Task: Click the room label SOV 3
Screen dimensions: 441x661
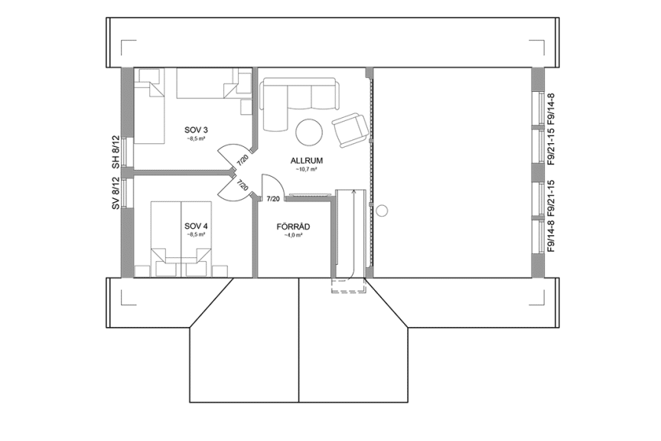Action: [x=195, y=130]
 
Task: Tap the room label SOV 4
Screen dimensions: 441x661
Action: [x=195, y=226]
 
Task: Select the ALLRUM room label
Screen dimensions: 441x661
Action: [x=309, y=161]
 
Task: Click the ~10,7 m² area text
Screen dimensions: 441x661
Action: [x=309, y=170]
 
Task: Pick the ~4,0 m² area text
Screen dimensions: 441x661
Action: [x=293, y=236]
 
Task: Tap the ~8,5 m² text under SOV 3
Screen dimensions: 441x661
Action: [x=195, y=139]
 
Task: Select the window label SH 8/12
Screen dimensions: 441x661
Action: [x=116, y=152]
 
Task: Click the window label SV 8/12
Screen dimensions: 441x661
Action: [x=116, y=193]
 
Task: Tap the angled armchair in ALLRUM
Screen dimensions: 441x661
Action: [x=350, y=129]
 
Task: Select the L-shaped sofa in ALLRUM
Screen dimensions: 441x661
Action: [x=295, y=100]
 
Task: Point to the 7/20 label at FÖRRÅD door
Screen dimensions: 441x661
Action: [x=272, y=199]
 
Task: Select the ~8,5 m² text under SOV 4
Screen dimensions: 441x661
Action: [x=195, y=235]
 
